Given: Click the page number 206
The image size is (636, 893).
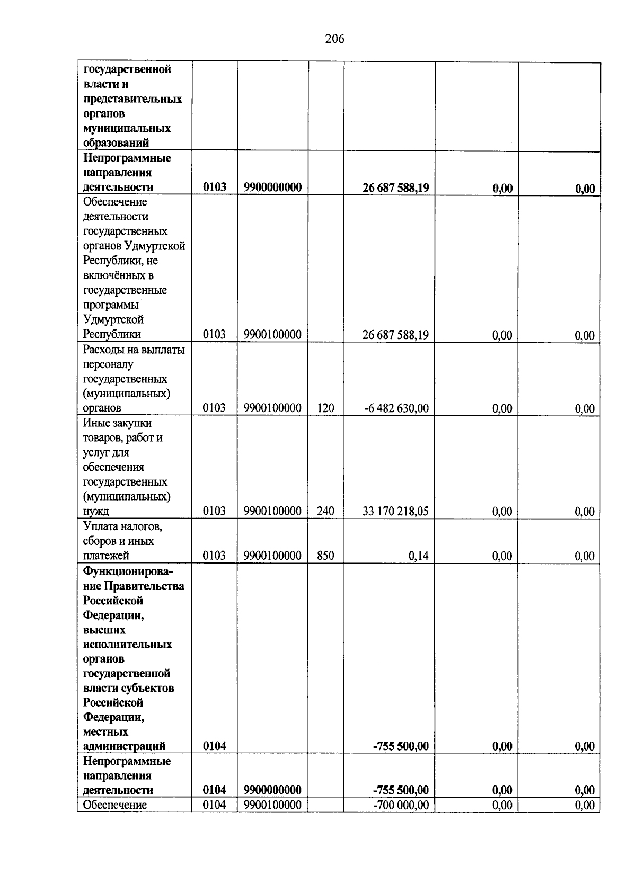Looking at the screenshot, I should [334, 39].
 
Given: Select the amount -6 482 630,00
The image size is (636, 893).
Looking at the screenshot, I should [396, 408].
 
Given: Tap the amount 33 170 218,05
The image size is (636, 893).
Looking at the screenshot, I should [395, 511].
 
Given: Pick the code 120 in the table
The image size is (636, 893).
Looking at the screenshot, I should [325, 408].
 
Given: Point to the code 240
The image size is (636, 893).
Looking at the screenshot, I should [325, 511].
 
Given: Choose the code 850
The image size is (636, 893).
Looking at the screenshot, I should [325, 556].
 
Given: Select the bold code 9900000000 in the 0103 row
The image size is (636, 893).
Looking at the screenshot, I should [272, 187].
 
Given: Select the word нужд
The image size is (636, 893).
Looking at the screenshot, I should [95, 512].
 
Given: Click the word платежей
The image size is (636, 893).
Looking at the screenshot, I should [106, 556].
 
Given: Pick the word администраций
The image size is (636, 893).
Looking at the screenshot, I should [124, 746].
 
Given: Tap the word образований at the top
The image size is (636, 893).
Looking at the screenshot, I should [116, 143].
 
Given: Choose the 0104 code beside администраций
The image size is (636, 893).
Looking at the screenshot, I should [215, 746].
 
